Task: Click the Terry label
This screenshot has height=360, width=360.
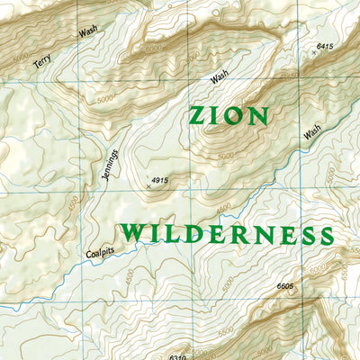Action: (x=42, y=60)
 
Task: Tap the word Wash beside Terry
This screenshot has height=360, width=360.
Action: (x=87, y=31)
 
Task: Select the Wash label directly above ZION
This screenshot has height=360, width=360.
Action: (x=220, y=77)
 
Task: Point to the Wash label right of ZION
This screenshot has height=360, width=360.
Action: (x=312, y=131)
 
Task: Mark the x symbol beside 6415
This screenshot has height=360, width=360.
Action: (x=313, y=54)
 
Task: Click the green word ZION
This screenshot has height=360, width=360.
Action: (x=229, y=115)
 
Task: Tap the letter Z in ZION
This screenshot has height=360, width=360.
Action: (x=197, y=115)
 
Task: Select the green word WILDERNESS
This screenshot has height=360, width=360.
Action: (x=228, y=234)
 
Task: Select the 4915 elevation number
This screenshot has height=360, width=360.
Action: (x=160, y=182)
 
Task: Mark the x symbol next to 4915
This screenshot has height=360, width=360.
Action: (x=148, y=186)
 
